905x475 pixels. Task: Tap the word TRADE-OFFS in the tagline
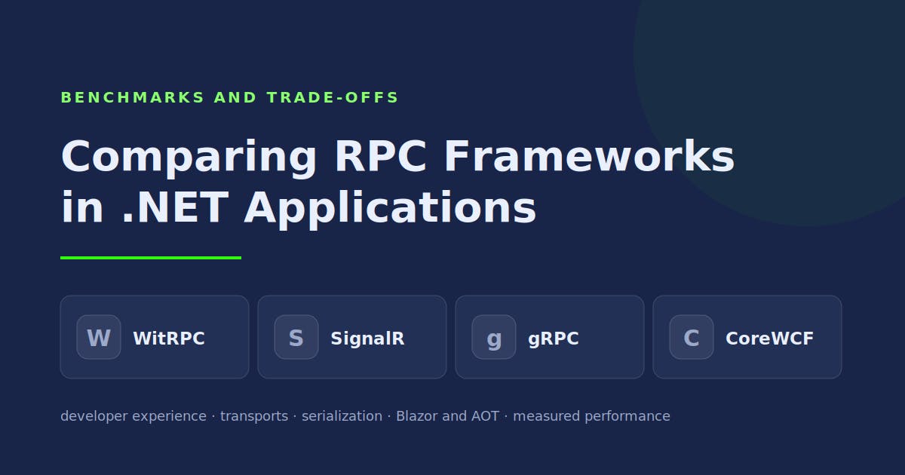(333, 97)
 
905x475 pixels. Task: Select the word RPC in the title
(381, 156)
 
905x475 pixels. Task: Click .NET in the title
(176, 207)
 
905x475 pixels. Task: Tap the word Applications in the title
(391, 210)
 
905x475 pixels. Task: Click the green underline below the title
(151, 258)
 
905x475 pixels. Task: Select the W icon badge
(99, 337)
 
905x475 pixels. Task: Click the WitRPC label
(169, 339)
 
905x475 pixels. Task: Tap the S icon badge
(296, 337)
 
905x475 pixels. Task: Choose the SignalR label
(367, 339)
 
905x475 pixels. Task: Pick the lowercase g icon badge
(494, 337)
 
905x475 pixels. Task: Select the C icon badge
(692, 337)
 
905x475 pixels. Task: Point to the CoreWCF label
(770, 339)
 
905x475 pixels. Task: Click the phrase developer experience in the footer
(133, 416)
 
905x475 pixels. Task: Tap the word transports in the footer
(254, 416)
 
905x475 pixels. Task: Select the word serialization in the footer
(342, 416)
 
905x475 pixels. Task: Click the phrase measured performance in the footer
(591, 416)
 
